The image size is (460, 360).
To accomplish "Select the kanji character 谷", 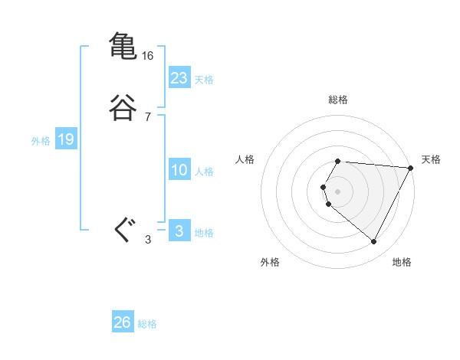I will (x=123, y=108).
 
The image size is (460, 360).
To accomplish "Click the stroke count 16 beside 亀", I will (x=148, y=56).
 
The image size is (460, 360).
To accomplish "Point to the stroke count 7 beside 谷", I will (x=147, y=117).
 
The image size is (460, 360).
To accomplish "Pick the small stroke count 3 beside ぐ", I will (x=147, y=240).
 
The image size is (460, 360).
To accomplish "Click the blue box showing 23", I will (x=179, y=78).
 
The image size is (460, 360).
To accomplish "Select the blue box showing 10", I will (x=179, y=170).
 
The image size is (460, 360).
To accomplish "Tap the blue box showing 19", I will (x=65, y=139).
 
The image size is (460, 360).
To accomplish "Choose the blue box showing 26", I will (x=122, y=322).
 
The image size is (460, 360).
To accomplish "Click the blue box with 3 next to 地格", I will (x=179, y=231).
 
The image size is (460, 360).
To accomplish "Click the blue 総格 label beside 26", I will (x=147, y=324).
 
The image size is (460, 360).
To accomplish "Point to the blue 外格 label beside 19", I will (x=41, y=141).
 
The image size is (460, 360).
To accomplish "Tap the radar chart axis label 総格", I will (x=338, y=100).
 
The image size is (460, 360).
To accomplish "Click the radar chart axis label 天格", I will (x=432, y=159).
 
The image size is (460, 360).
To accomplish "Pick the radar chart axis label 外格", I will (x=270, y=262).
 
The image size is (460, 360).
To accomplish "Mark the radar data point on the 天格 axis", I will (x=411, y=168).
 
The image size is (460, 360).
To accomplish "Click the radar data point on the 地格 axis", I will (x=374, y=241).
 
